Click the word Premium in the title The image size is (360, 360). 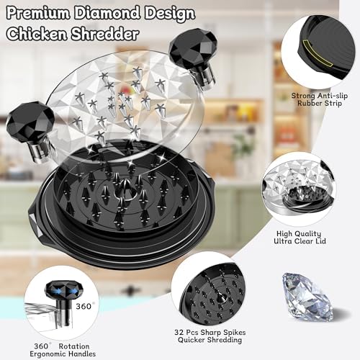coord(39,13)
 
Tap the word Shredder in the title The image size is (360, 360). coord(105,34)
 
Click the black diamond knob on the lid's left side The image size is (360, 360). coord(31,130)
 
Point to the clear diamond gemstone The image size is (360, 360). coord(308,297)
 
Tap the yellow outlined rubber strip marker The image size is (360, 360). coord(318,53)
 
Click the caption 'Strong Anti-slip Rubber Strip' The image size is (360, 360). coord(320,99)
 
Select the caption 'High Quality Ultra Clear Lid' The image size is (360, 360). coord(300,238)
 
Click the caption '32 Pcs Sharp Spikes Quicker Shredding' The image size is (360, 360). coord(210,336)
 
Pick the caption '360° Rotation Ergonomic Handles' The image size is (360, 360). coord(63,350)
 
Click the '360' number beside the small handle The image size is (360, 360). coord(84,307)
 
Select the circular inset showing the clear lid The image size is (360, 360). coord(299,189)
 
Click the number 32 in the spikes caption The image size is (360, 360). coord(179,333)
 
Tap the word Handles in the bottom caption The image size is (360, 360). coord(82,354)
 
